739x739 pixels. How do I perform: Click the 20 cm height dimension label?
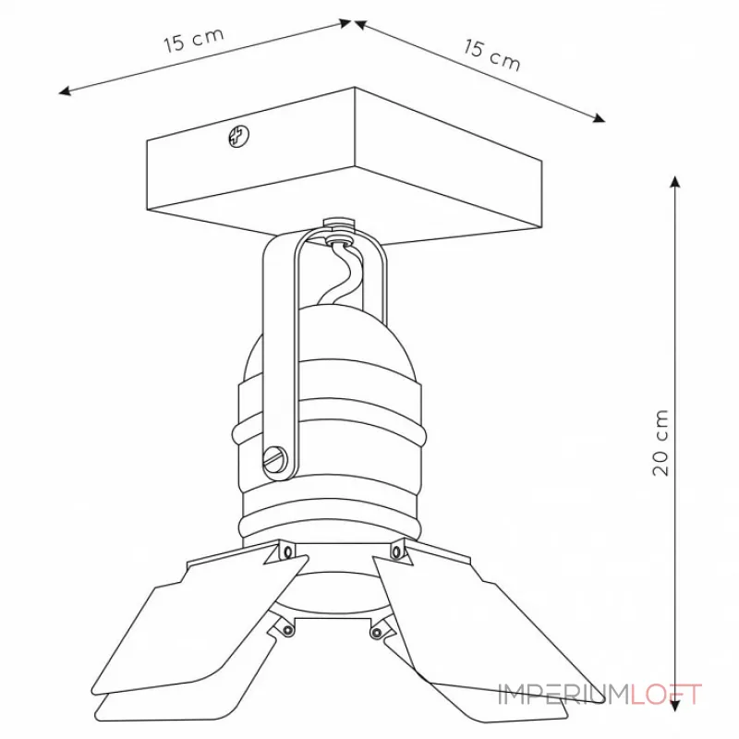[660, 442]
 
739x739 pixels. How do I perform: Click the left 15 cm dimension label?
[193, 40]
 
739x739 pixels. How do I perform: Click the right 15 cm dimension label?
[492, 55]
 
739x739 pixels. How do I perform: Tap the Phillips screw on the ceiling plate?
[239, 136]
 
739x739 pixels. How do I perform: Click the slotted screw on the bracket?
[275, 456]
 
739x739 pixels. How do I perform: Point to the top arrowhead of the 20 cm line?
[675, 182]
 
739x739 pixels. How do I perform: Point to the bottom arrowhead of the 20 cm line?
[675, 706]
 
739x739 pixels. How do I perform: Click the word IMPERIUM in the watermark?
[564, 695]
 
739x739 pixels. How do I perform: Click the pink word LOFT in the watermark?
[666, 695]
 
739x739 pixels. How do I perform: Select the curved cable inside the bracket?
[346, 273]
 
